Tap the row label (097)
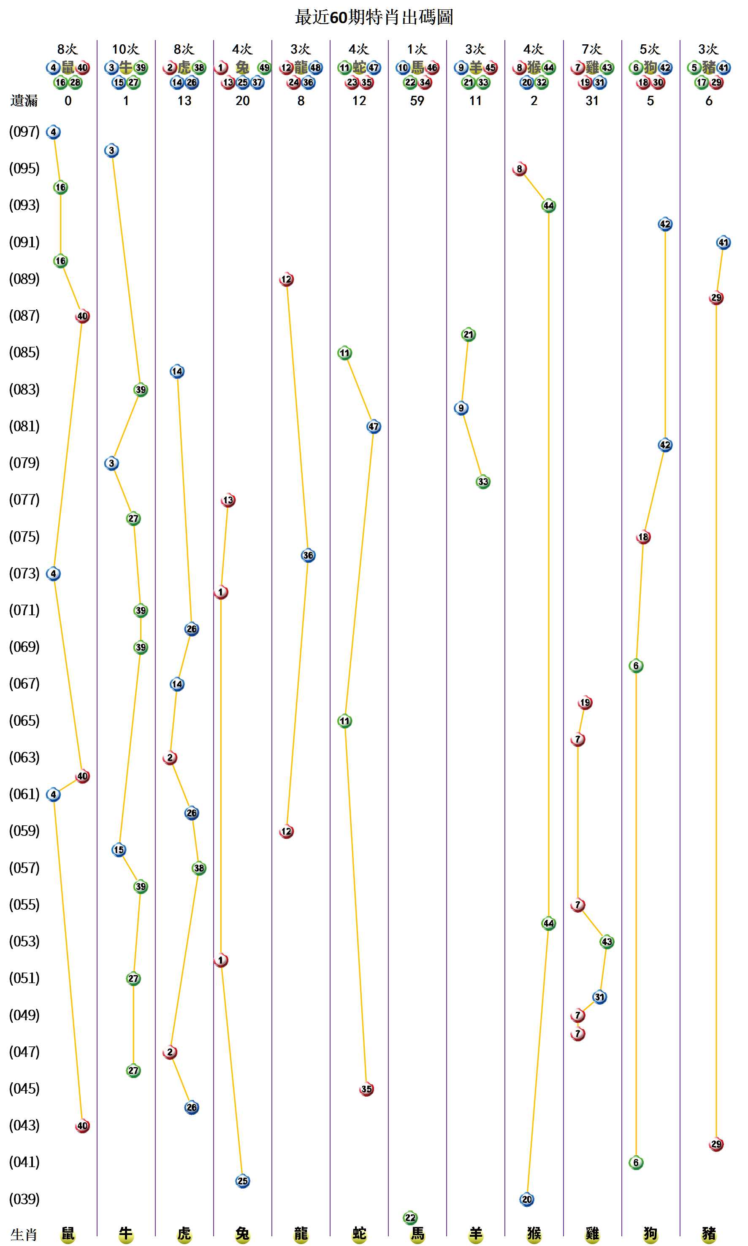tap(24, 132)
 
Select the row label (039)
tap(24, 1199)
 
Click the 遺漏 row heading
tap(24, 101)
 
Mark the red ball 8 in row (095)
tap(520, 169)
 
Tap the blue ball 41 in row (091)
tap(723, 242)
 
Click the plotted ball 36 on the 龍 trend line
tap(308, 555)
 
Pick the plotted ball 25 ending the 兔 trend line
tap(242, 1181)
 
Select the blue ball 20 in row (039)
tap(527, 1199)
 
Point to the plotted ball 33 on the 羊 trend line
tap(483, 482)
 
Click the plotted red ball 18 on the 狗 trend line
tap(643, 537)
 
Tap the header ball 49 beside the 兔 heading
tap(264, 68)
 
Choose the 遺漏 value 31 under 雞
tap(592, 101)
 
